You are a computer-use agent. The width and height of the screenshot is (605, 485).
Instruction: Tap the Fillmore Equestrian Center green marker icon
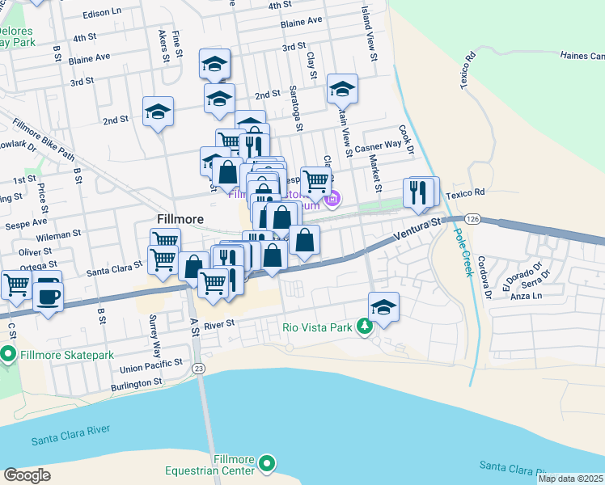point(267,464)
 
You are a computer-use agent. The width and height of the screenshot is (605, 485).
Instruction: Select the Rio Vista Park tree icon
point(365,327)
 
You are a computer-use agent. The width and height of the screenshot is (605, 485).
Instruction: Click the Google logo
point(27,475)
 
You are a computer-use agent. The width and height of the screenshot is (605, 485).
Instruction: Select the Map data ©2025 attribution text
point(570,479)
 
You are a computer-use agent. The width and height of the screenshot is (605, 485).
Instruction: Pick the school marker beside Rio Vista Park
point(384,307)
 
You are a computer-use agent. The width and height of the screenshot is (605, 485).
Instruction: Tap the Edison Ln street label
point(103,12)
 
